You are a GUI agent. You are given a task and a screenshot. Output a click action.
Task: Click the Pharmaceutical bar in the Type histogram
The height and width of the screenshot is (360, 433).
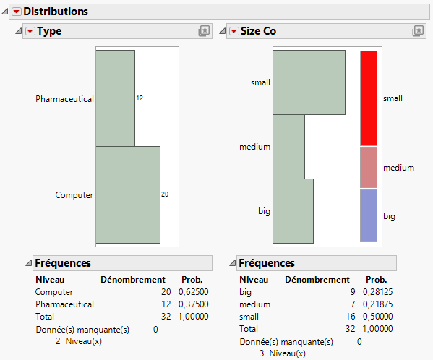click(115, 98)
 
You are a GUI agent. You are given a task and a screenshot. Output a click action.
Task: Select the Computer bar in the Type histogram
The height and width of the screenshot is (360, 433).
click(127, 194)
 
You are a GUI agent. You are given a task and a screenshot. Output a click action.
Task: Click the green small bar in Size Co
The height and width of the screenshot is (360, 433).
click(309, 82)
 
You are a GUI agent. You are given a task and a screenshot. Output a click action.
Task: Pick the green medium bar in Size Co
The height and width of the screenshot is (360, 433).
click(288, 147)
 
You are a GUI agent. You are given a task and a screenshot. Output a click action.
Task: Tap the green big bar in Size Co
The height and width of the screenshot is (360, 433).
click(293, 211)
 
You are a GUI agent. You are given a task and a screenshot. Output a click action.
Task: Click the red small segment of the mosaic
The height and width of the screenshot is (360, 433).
click(368, 98)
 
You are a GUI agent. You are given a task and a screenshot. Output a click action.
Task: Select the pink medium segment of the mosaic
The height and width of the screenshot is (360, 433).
click(368, 168)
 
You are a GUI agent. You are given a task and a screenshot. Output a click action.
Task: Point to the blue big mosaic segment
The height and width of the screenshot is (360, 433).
click(368, 215)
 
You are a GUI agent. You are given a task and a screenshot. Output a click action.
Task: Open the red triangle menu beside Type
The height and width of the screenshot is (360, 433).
click(30, 31)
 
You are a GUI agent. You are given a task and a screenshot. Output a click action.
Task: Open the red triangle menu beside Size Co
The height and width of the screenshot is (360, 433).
click(233, 31)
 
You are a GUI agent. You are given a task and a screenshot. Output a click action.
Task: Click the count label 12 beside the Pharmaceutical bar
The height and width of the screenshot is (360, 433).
click(140, 98)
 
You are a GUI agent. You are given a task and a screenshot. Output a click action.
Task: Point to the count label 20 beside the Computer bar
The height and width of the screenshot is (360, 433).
click(165, 194)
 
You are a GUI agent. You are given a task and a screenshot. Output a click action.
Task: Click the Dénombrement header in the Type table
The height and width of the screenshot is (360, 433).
click(132, 280)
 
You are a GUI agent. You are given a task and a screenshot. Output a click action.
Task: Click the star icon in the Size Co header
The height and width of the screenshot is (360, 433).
click(418, 31)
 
